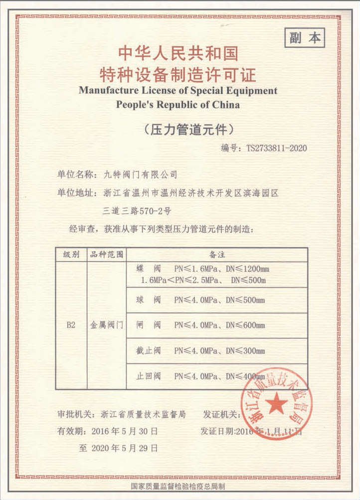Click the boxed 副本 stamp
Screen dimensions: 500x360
coord(304,38)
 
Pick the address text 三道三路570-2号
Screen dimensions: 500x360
coord(136,210)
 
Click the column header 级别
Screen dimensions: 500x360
coord(71,254)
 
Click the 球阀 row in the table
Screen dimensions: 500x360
coord(199,300)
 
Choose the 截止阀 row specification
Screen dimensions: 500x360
coord(199,350)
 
